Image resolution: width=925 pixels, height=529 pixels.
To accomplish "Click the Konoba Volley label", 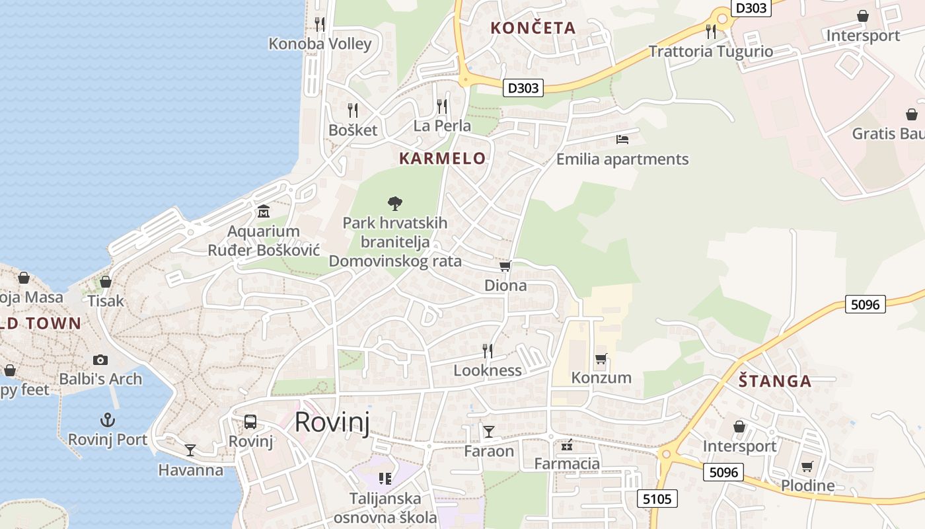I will click(320, 44).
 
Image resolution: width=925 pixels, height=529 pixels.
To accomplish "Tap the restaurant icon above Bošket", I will click(353, 110).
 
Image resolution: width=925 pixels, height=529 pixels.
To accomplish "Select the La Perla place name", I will click(442, 126).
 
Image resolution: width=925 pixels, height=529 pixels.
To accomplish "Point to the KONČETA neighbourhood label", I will click(533, 28).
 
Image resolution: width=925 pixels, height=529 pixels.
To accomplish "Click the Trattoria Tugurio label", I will click(710, 52).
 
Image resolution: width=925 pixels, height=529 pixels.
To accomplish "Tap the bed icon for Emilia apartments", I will click(622, 140).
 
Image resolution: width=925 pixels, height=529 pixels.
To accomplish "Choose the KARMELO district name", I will click(443, 159).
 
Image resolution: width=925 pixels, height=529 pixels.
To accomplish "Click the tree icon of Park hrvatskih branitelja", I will click(395, 203).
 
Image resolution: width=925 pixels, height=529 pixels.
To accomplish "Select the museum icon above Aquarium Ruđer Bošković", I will click(264, 212).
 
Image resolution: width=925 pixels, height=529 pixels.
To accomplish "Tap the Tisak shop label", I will click(106, 301).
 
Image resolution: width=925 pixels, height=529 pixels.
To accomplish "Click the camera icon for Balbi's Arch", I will click(100, 360).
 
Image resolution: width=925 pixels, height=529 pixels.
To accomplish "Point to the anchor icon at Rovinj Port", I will click(107, 420).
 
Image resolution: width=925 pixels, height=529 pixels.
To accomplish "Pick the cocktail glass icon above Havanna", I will click(190, 450).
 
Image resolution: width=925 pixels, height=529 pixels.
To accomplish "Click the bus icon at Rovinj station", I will click(250, 421).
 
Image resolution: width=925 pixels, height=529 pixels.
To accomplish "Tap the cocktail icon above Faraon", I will click(489, 432).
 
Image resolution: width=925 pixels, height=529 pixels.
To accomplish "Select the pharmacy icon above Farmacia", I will click(566, 445).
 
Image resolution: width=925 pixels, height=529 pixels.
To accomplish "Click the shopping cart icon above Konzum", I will click(601, 358).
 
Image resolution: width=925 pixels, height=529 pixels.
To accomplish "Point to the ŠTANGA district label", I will click(775, 381).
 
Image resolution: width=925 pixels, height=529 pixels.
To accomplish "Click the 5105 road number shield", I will click(657, 499).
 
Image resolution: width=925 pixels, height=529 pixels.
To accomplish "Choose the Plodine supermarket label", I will click(807, 486).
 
